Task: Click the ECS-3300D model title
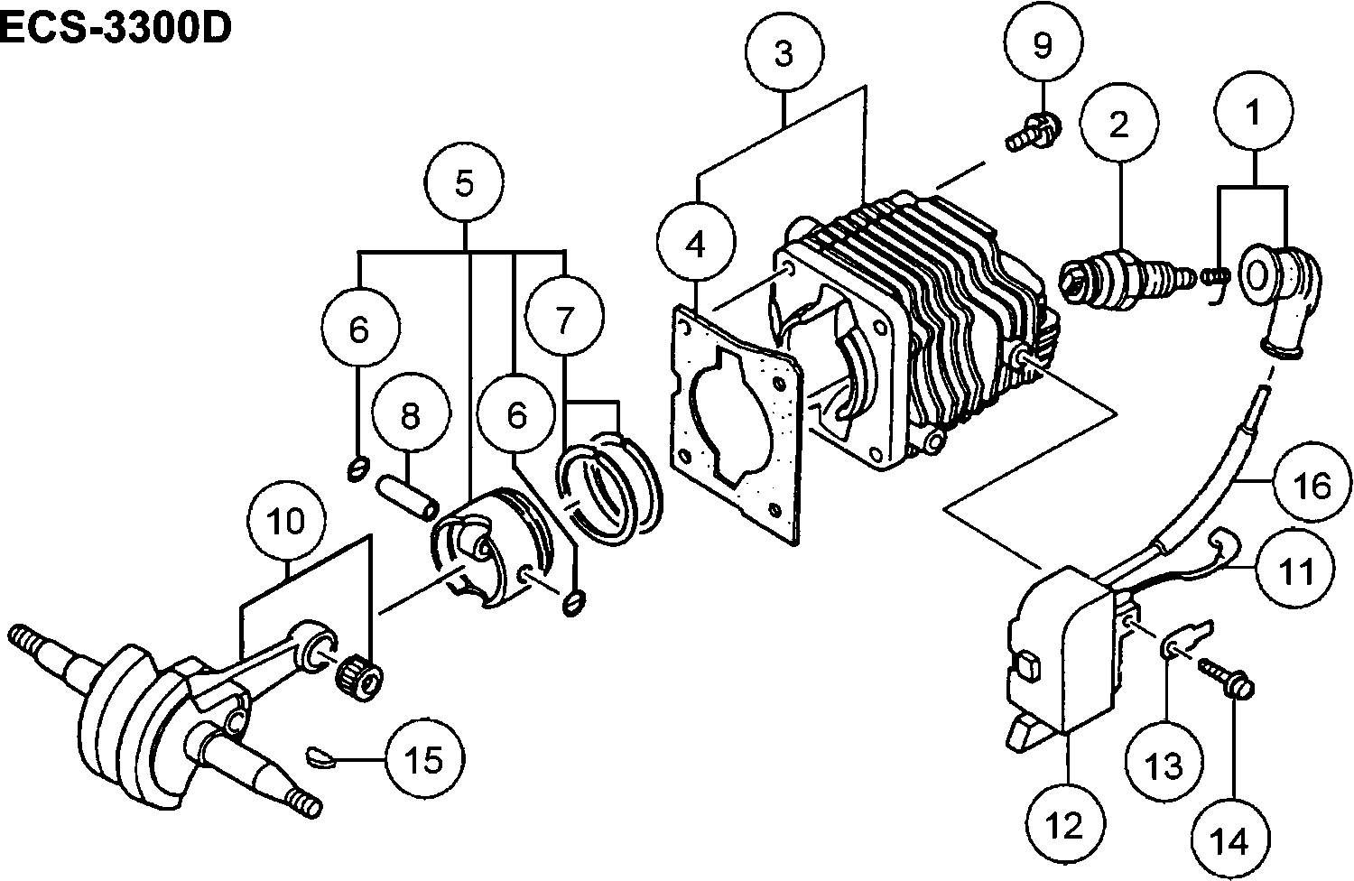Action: tap(116, 29)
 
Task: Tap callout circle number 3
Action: tap(784, 53)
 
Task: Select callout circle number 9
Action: tap(1043, 45)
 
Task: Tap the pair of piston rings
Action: tap(609, 482)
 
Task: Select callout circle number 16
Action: tap(1313, 486)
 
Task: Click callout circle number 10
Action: tap(288, 522)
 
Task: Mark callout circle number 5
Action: tap(464, 183)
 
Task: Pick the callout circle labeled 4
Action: tap(696, 245)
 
